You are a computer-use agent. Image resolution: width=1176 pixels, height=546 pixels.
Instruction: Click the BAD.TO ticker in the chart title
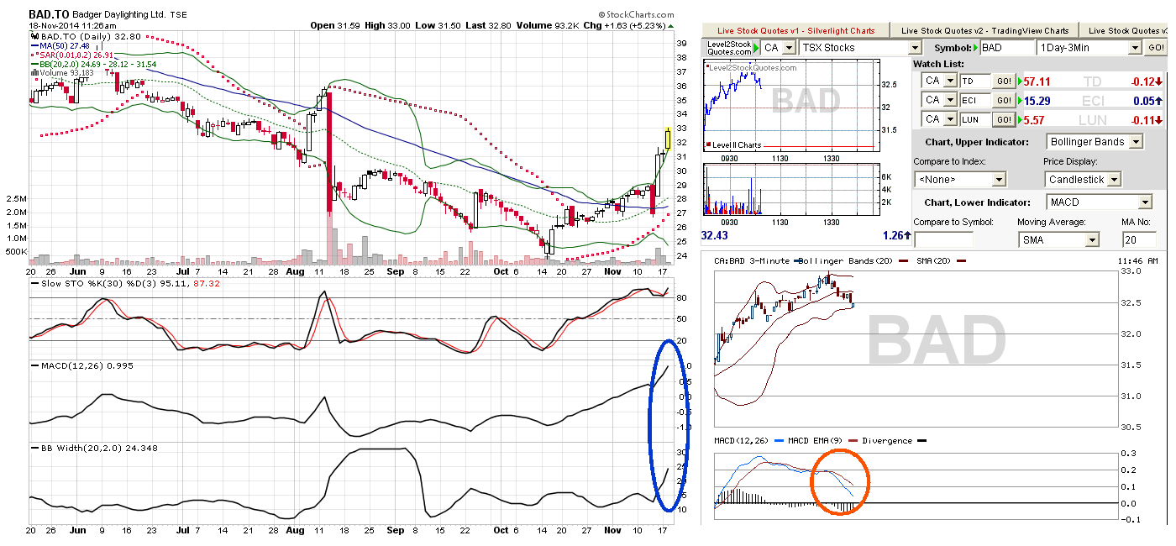pos(49,14)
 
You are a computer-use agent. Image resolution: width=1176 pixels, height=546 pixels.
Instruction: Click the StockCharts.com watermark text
pos(636,15)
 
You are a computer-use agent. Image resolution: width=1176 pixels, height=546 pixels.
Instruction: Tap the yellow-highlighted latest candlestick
pos(667,139)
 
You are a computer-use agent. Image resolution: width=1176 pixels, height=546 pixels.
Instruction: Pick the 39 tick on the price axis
pos(681,44)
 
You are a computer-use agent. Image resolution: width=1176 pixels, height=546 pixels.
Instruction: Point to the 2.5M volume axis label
pos(16,198)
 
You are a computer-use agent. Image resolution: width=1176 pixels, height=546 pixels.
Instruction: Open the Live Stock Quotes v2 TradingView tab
pos(984,30)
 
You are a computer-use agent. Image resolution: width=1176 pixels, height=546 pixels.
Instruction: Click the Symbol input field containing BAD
pos(1006,48)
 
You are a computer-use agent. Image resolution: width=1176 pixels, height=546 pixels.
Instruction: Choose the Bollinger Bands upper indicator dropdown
pos(1095,142)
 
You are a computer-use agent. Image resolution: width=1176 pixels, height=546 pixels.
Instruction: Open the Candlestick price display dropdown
pos(1083,180)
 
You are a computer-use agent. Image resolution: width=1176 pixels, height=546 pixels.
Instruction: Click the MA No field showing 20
pos(1139,240)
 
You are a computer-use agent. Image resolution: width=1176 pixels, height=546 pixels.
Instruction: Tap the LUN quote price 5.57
pos(1034,120)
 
